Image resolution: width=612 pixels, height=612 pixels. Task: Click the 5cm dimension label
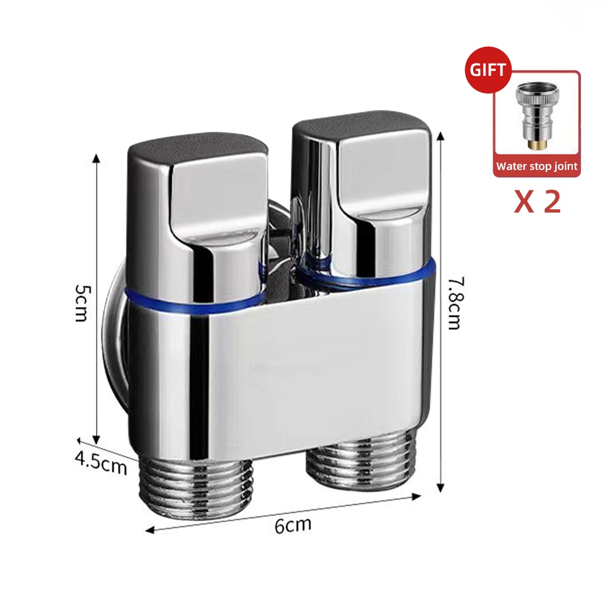(x=81, y=302)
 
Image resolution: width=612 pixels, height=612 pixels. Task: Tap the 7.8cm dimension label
(x=455, y=303)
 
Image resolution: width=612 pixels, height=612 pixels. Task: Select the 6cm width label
(x=293, y=524)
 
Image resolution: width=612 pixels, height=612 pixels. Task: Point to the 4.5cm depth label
(x=101, y=463)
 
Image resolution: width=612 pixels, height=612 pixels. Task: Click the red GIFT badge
(x=488, y=70)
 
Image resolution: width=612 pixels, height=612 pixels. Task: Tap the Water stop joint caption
(x=537, y=166)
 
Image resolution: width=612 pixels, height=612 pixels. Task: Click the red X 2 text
(x=537, y=202)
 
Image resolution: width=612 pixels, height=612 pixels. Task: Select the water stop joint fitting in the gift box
(x=537, y=117)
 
